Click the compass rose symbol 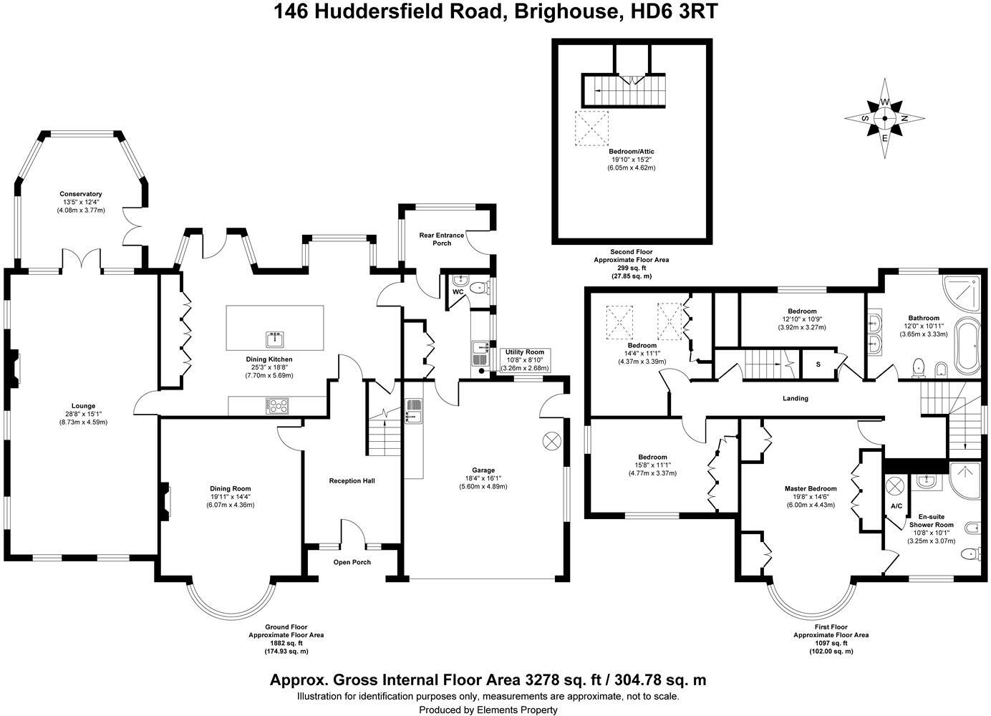pyautogui.click(x=885, y=119)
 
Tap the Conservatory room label pyautogui.click(x=81, y=194)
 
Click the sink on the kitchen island pyautogui.click(x=275, y=338)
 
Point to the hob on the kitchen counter pyautogui.click(x=276, y=406)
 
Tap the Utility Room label pyautogui.click(x=525, y=352)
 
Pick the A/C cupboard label pyautogui.click(x=896, y=505)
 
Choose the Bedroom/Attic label pyautogui.click(x=632, y=152)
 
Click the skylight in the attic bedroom pyautogui.click(x=591, y=128)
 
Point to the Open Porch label pyautogui.click(x=352, y=562)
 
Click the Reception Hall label pyautogui.click(x=352, y=480)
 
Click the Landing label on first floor pyautogui.click(x=795, y=398)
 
